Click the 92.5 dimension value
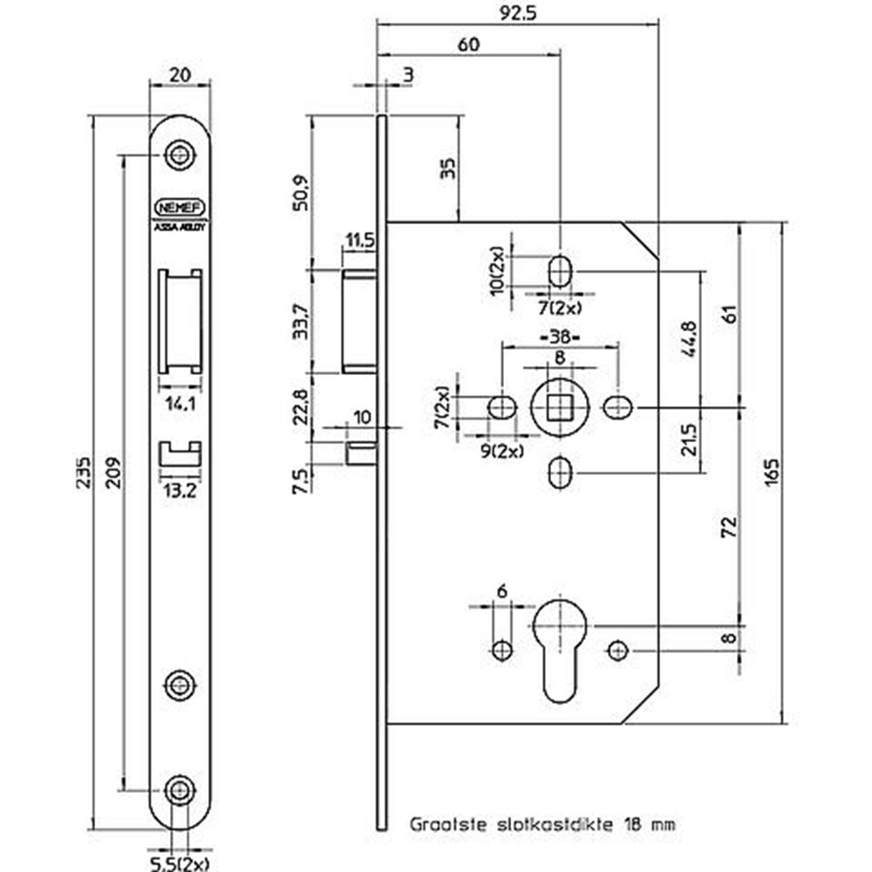point(516,14)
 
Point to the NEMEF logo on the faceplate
point(180,208)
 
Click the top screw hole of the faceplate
point(180,154)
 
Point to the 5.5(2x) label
point(181,863)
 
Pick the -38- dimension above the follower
point(559,337)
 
